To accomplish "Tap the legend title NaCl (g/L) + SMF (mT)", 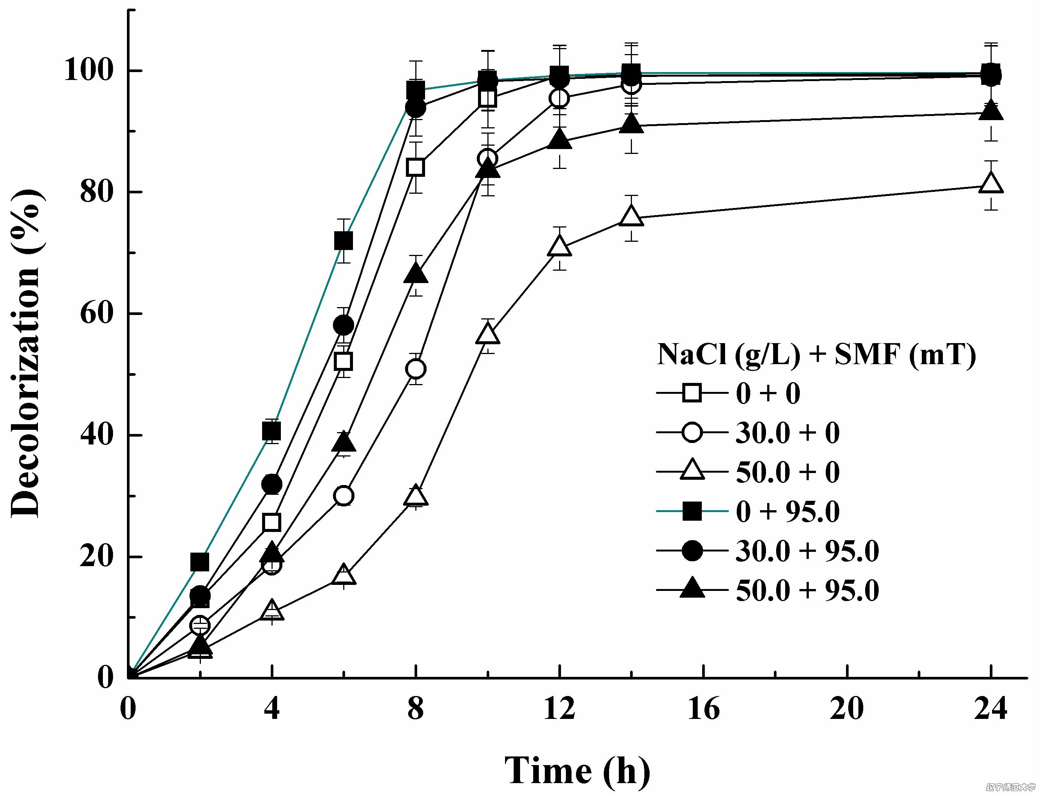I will coord(816,355).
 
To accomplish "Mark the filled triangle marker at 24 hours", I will coord(991,111).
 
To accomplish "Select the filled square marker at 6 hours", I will coord(344,241).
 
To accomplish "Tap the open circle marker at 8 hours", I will coord(416,369).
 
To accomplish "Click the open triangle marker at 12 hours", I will coord(559,246).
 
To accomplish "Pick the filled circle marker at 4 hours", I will coord(272,484).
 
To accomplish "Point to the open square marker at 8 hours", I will coord(416,167).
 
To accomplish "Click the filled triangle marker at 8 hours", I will coord(416,274).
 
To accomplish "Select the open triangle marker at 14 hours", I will coord(631,216).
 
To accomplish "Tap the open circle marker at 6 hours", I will coord(344,496).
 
